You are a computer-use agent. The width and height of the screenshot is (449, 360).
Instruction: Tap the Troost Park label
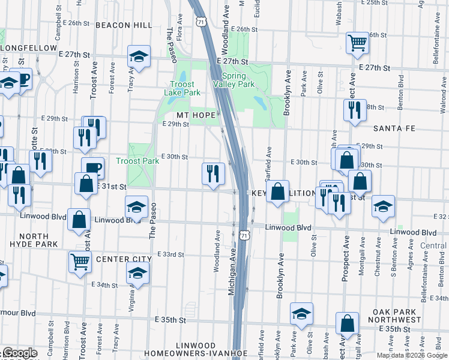tap(137, 161)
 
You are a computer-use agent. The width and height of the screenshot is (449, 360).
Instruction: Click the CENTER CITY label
tap(125, 259)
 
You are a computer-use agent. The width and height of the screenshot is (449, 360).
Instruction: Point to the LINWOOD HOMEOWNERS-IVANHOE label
tap(196, 351)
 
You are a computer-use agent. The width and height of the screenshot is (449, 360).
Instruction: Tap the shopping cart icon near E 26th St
tap(357, 42)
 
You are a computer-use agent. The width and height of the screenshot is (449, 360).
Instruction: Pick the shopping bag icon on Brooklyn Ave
tap(278, 192)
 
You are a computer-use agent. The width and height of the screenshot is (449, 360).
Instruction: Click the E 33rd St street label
tap(170, 254)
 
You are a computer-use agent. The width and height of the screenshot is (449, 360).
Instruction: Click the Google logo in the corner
tap(19, 353)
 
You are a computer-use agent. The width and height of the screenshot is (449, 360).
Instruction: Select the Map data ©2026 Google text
tap(412, 355)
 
